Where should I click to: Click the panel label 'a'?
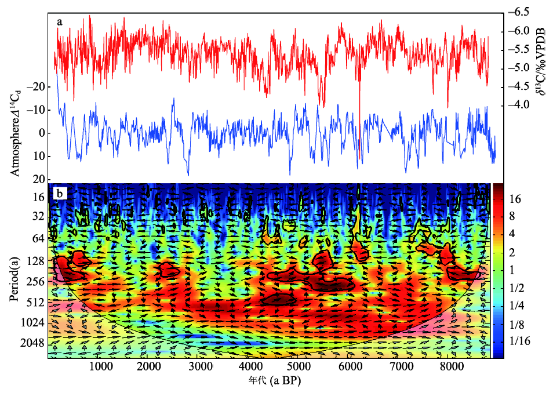pos(60,22)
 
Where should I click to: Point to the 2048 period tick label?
pos(32,343)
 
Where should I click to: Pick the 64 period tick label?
pos(38,238)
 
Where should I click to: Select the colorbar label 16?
pos(515,199)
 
